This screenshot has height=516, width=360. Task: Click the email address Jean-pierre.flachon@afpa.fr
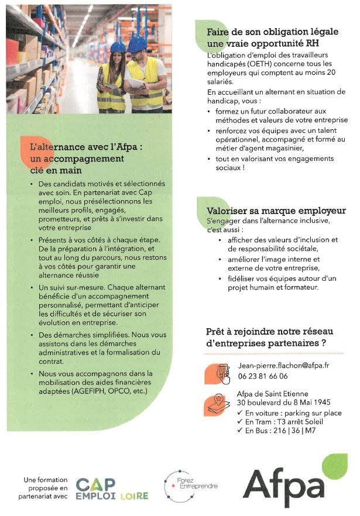click(x=284, y=364)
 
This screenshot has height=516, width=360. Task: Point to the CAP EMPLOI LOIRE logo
click(x=111, y=489)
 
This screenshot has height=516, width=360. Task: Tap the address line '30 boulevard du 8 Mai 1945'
click(x=284, y=403)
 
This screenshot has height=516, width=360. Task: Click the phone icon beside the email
click(x=218, y=370)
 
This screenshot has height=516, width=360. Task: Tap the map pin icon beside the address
click(x=218, y=404)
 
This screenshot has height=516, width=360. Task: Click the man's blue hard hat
click(x=138, y=43)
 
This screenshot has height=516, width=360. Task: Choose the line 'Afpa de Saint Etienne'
click(x=272, y=394)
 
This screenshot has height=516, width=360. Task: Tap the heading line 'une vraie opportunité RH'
click(x=264, y=43)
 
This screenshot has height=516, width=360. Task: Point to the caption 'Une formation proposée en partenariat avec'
click(x=46, y=487)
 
